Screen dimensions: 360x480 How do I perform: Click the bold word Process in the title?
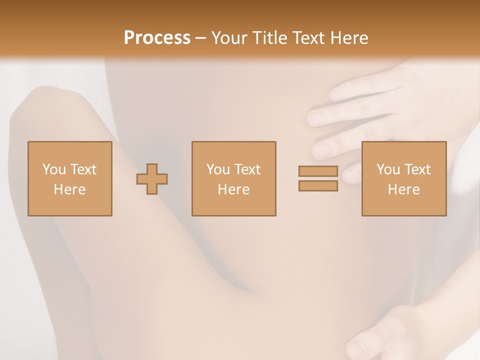(x=157, y=38)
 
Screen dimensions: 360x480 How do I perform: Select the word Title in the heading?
(x=271, y=38)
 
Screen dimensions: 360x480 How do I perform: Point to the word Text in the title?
(x=310, y=38)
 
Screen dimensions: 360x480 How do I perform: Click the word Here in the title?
(x=350, y=38)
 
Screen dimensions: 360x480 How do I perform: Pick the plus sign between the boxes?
(x=152, y=179)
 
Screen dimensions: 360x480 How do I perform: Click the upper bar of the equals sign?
(x=318, y=171)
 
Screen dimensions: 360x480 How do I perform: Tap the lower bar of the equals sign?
(x=318, y=186)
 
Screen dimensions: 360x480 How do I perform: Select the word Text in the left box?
(x=83, y=169)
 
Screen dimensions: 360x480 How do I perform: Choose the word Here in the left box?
(x=69, y=189)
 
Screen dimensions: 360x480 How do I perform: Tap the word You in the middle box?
(x=218, y=169)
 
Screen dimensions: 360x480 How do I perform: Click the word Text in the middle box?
(x=247, y=169)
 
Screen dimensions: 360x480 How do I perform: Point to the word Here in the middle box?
(x=233, y=189)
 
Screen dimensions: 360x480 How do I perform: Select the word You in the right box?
(x=388, y=169)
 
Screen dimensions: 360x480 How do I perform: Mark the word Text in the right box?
(x=417, y=169)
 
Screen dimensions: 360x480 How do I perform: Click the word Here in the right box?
(x=403, y=189)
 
